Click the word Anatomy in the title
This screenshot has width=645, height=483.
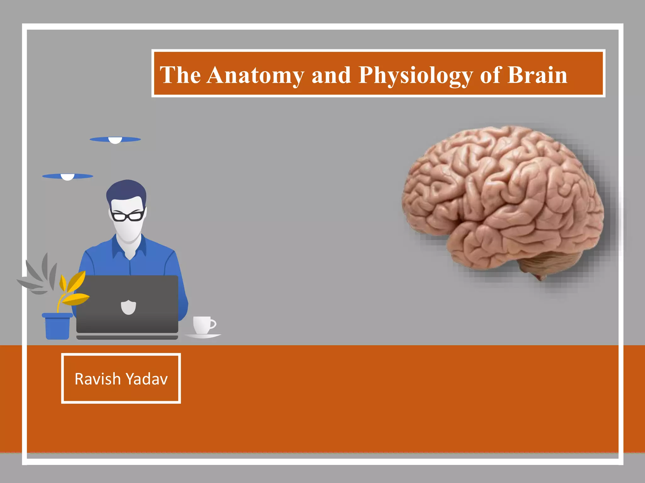point(255,75)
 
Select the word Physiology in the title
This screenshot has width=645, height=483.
point(415,75)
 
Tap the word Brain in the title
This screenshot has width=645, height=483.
point(537,75)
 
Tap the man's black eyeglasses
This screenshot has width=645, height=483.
point(127,216)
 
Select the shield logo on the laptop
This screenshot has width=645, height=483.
point(128,307)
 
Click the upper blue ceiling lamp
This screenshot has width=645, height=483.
point(115,139)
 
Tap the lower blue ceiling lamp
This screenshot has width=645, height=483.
point(67,176)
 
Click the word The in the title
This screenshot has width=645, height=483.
point(180,75)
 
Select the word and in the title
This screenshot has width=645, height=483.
point(331,75)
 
